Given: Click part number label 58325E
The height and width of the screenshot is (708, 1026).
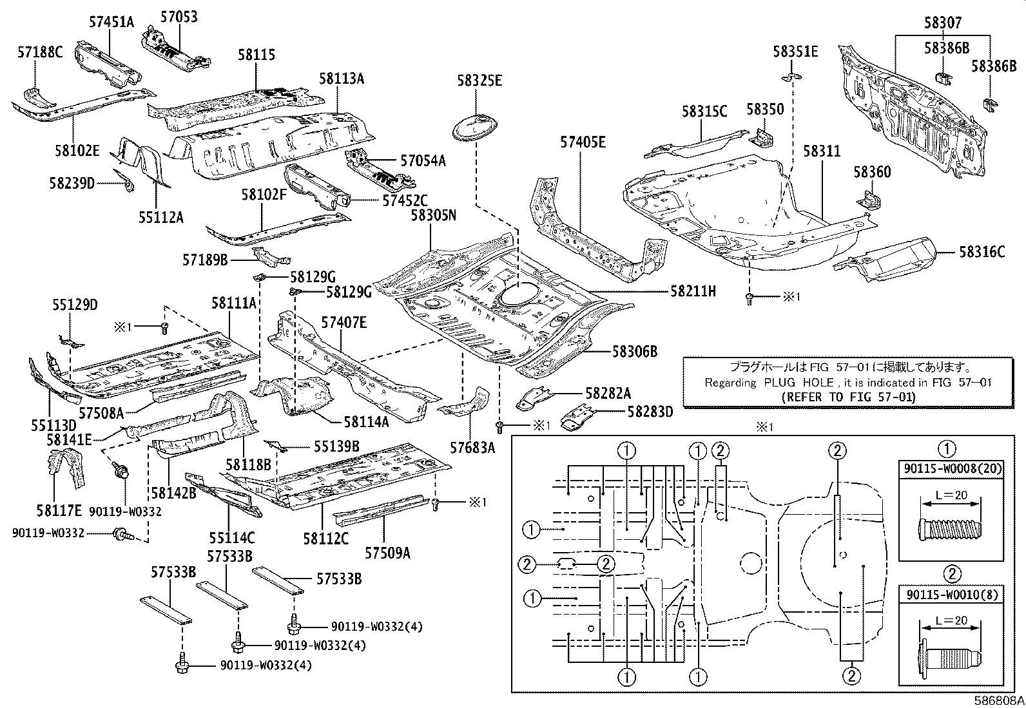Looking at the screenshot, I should [479, 81].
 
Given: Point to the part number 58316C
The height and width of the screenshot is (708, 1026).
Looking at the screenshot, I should [982, 252].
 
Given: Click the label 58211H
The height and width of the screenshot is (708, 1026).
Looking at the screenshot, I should [693, 291].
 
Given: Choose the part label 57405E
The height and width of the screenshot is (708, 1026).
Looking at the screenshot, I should [583, 142].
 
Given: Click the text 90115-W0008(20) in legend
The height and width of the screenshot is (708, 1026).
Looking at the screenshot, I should [951, 469].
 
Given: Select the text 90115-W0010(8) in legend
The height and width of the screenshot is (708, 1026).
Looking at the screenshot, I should [951, 595].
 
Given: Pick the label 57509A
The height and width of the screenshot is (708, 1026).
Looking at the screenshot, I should [387, 553].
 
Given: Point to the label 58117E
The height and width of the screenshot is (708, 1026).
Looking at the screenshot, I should [60, 510].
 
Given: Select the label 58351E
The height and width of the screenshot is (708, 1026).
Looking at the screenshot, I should [795, 51].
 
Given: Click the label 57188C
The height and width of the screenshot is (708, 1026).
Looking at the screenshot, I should [40, 52].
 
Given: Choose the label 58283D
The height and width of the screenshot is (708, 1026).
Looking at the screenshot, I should [650, 410].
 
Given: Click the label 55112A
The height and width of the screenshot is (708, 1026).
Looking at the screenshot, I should [160, 218].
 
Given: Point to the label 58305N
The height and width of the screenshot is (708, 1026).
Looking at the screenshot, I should [433, 215].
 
